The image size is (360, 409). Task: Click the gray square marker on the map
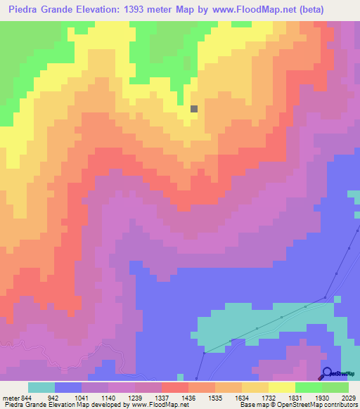pos(195,108)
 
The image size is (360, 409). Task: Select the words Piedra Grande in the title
pos(39,10)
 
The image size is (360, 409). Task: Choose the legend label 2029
pos(348,397)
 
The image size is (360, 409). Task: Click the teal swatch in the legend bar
pos(41,387)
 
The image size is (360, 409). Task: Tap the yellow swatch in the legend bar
pos(282,387)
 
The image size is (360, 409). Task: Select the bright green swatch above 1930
pos(309,387)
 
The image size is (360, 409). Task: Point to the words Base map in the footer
pos(250,405)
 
